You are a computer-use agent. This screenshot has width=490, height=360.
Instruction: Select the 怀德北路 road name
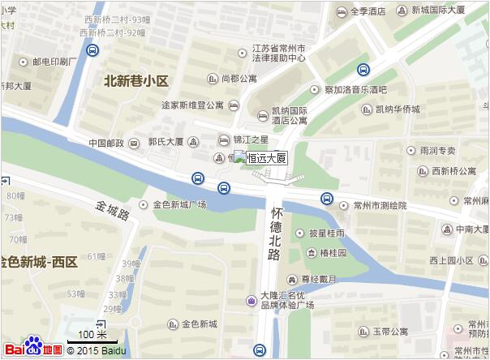pos(275,232)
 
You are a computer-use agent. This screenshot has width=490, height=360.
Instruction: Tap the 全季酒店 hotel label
pos(362,11)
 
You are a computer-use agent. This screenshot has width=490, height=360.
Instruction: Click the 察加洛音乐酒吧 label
pos(355,89)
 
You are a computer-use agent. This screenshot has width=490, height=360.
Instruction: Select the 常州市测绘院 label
pos(379,206)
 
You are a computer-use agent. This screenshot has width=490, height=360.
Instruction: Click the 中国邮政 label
pos(106,144)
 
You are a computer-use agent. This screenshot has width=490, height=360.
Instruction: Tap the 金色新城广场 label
pos(179,204)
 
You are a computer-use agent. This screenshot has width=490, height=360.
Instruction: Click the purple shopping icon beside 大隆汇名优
pos(251,302)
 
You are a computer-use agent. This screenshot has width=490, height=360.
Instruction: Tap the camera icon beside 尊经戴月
pos(294,279)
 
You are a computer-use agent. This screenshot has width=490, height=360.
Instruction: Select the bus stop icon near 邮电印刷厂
pos(93,51)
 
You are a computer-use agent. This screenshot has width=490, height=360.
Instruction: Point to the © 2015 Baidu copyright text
pos(97,350)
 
